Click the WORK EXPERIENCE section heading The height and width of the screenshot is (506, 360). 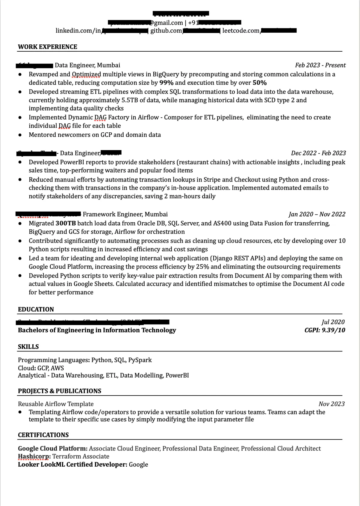47,47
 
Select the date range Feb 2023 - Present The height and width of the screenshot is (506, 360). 320,65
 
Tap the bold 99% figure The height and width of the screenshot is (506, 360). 166,83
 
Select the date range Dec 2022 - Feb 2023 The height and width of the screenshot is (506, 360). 318,153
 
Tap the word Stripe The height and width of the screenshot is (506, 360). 212,180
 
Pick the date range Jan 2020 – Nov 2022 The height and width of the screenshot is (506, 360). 317,214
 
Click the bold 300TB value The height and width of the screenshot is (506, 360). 66,223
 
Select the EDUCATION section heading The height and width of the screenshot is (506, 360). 36,309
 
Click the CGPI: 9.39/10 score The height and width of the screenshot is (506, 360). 325,330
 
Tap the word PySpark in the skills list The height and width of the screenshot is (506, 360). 140,360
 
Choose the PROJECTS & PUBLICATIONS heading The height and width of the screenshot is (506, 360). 59,391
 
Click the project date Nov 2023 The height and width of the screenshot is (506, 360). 331,404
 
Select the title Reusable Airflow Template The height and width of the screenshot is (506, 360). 55,404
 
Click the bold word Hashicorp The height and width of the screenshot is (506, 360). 34,456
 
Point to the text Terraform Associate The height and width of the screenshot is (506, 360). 81,456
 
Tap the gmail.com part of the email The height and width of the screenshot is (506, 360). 168,23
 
